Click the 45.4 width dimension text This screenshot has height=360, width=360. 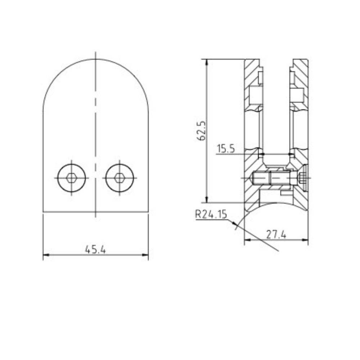[x=95, y=249]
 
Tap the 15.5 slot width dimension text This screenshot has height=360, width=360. [x=225, y=149]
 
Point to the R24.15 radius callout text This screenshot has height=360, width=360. [x=211, y=215]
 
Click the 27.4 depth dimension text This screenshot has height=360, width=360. [x=276, y=234]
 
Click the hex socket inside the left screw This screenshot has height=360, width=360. [x=72, y=177]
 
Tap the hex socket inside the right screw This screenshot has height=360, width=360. [x=120, y=177]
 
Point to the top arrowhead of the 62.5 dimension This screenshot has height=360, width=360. [x=206, y=62]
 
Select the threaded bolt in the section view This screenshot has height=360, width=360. [x=274, y=178]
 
